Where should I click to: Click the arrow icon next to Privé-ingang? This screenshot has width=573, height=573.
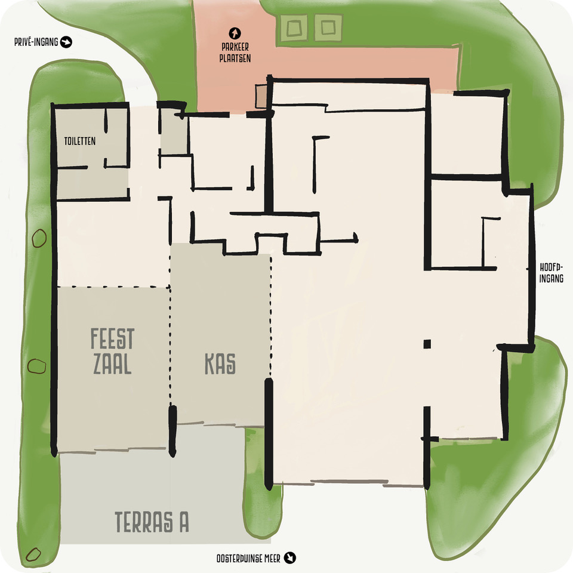[x=66, y=42]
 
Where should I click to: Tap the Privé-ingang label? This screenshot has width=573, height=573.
[x=36, y=42]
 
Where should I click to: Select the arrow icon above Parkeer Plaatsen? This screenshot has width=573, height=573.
[x=235, y=33]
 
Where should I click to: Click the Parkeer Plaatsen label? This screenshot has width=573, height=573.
[x=235, y=53]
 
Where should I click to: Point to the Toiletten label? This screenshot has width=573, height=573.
[x=79, y=141]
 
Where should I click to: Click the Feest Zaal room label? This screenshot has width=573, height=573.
[x=112, y=351]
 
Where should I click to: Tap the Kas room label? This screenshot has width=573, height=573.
[x=220, y=363]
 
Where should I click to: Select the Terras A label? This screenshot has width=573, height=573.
[x=152, y=522]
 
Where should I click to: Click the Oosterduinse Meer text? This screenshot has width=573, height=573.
[x=248, y=559]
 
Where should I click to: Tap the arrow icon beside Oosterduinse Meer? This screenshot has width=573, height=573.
[x=290, y=557]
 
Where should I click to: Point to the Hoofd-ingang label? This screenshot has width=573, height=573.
[x=551, y=273]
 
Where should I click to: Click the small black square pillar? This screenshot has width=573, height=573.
[x=427, y=344]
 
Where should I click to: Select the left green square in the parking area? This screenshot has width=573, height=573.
[x=294, y=28]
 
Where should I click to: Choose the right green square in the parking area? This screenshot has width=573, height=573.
[x=328, y=27]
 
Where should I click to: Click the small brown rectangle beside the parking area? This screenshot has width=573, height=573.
[x=261, y=97]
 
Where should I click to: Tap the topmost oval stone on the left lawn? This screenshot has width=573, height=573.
[x=39, y=238]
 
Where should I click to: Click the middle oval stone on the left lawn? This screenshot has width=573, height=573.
[x=37, y=366]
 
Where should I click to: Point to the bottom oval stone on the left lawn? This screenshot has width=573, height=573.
[x=33, y=554]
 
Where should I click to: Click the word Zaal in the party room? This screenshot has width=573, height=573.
[x=112, y=364]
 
